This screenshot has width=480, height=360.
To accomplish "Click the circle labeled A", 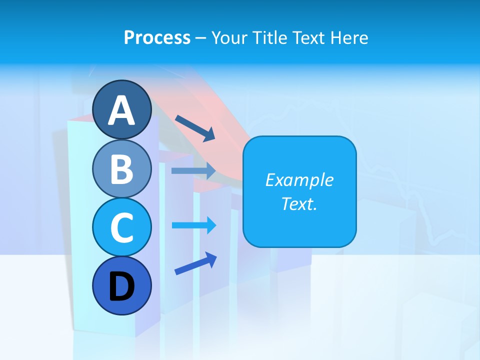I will (122, 109).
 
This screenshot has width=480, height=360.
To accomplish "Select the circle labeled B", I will (122, 168).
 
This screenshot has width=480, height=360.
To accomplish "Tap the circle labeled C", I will (122, 227).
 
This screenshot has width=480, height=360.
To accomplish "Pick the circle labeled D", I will (122, 286).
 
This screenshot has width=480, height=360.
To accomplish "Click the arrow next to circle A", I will (195, 127).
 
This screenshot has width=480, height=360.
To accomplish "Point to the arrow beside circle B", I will (193, 171).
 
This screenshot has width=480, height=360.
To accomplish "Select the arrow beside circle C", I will (194, 225).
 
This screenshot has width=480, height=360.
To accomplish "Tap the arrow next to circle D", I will (195, 263).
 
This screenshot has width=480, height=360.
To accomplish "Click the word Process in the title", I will (157, 37).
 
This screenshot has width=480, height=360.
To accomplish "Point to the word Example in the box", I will (299, 180).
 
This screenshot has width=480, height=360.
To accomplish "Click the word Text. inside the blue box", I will (299, 203).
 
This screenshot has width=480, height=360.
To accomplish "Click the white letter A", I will (122, 110).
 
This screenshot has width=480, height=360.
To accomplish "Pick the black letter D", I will (122, 287).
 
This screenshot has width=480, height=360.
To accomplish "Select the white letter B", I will (122, 169).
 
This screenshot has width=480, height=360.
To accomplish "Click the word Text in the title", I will (307, 37).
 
